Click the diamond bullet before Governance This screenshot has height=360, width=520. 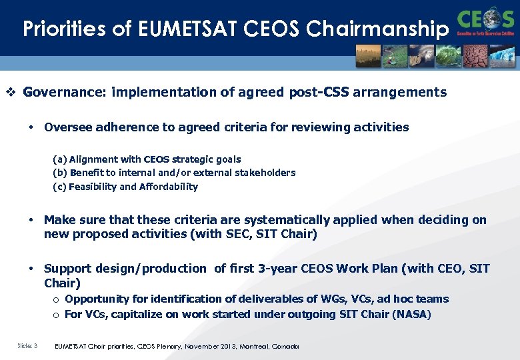pos(10,92)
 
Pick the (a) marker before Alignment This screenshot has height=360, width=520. pos(59,159)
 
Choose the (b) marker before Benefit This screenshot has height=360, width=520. pos(59,173)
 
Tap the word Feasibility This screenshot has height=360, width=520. pos(92,187)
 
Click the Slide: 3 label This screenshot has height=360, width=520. pos(27,346)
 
